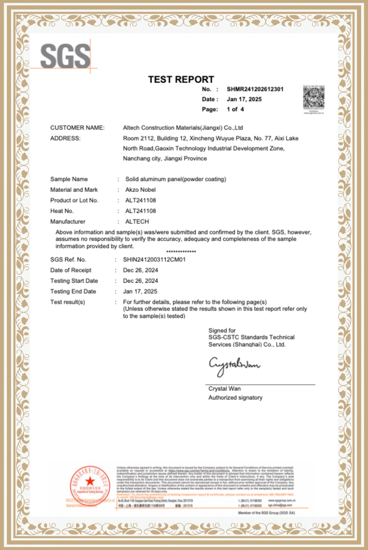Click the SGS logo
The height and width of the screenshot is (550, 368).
[x=65, y=56]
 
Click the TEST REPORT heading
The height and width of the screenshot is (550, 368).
[x=181, y=80]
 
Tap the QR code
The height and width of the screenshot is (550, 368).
[x=314, y=98]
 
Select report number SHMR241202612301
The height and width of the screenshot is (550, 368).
[x=255, y=89]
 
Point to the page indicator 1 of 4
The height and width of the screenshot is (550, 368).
[x=235, y=109]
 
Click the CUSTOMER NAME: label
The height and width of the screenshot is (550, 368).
[x=77, y=128]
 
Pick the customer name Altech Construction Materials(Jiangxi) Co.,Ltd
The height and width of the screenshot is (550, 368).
[x=183, y=128]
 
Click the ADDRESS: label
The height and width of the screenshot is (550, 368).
[x=65, y=138]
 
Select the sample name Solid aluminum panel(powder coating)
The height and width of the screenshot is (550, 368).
[x=176, y=179]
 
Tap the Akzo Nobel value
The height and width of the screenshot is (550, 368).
[x=140, y=190]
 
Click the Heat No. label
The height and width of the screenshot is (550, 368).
[x=62, y=211]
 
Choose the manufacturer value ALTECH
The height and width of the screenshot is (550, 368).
[x=137, y=222]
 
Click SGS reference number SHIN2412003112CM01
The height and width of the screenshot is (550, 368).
[x=154, y=260]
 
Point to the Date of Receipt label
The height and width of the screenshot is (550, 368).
[x=71, y=270]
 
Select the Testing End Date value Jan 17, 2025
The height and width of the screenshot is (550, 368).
[x=140, y=291]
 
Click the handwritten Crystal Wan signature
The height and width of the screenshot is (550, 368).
[x=234, y=365]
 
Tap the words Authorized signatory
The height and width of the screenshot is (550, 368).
[x=235, y=398]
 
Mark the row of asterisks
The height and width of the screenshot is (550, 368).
[x=181, y=252]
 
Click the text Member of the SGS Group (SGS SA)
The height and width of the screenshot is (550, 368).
[x=266, y=513]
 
